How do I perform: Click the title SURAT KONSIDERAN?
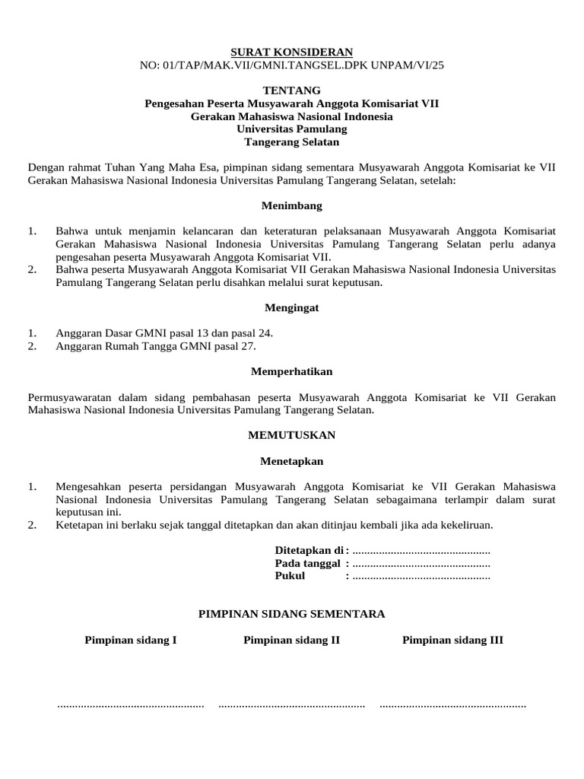pyautogui.click(x=291, y=52)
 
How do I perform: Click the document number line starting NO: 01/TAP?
pyautogui.click(x=291, y=65)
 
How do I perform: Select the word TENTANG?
pyautogui.click(x=291, y=90)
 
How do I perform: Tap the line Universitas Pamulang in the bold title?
pyautogui.click(x=291, y=129)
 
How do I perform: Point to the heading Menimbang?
pyautogui.click(x=291, y=205)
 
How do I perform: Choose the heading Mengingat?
pyautogui.click(x=291, y=307)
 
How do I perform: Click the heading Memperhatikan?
pyautogui.click(x=291, y=371)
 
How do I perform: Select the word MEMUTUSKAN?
pyautogui.click(x=291, y=435)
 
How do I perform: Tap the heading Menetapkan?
pyautogui.click(x=291, y=461)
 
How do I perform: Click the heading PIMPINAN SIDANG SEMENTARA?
pyautogui.click(x=291, y=613)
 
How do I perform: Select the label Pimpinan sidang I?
pyautogui.click(x=130, y=641)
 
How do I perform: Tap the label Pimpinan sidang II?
pyautogui.click(x=291, y=641)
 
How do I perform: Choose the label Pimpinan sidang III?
pyautogui.click(x=452, y=641)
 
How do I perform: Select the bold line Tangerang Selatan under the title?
pyautogui.click(x=291, y=142)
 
